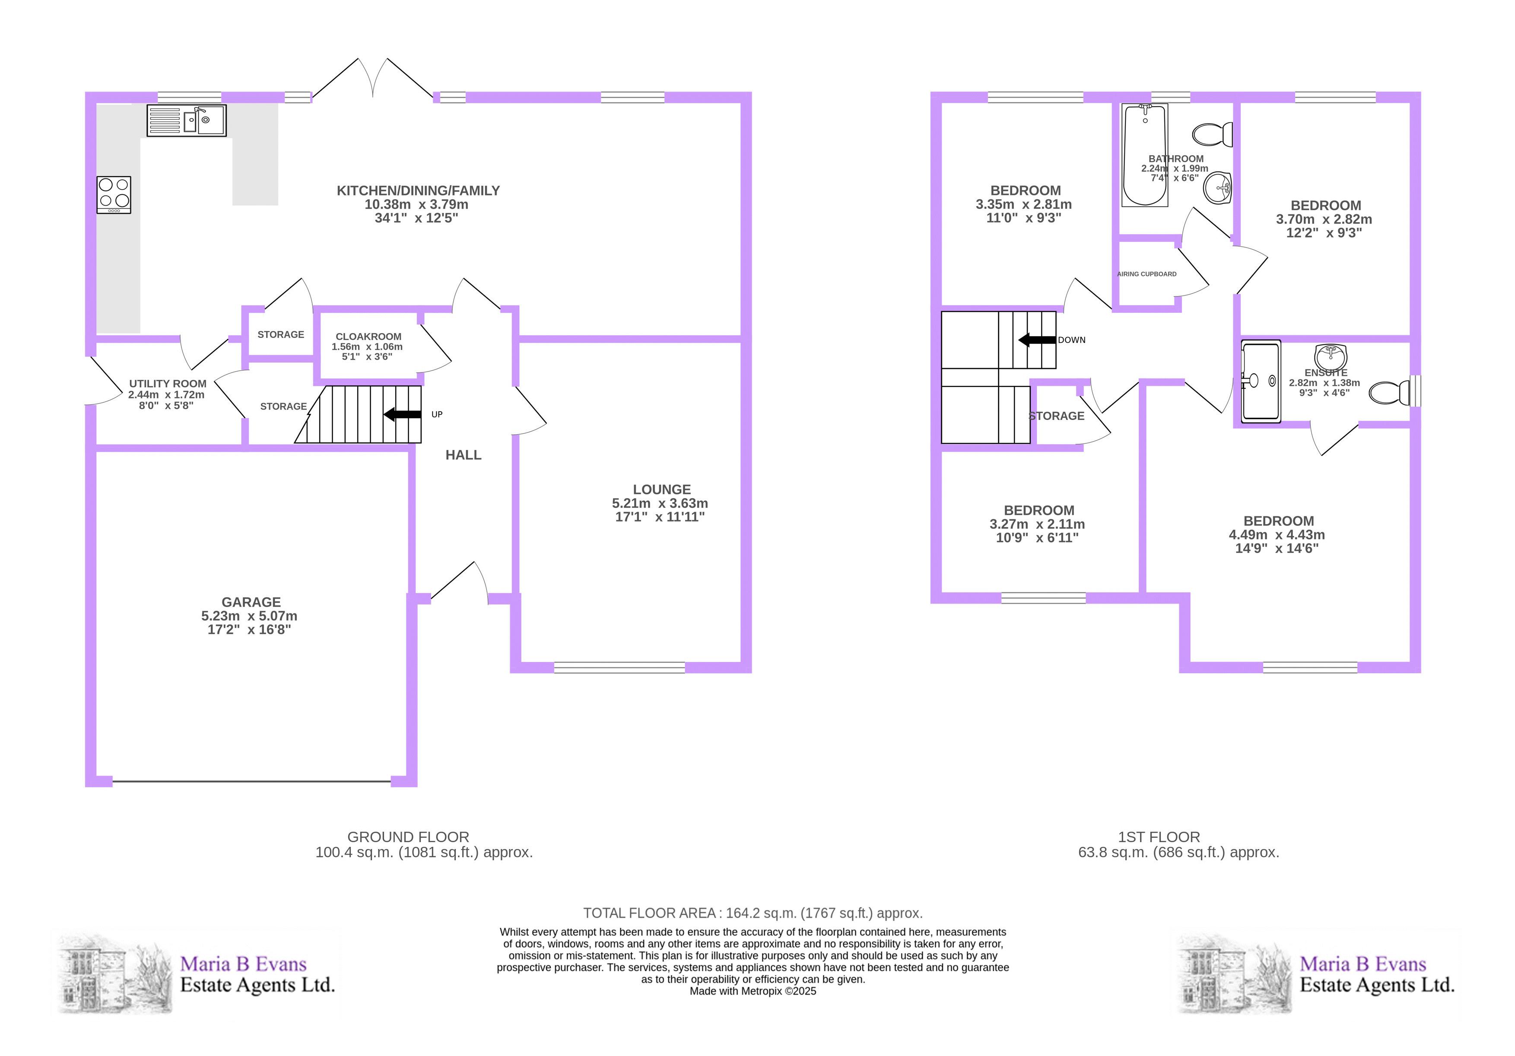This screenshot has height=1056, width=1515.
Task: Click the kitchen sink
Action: pyautogui.click(x=187, y=121)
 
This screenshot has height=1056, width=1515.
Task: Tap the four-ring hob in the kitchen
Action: pyautogui.click(x=114, y=195)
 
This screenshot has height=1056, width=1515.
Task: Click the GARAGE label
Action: pyautogui.click(x=251, y=602)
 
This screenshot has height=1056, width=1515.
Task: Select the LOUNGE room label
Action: pyautogui.click(x=662, y=490)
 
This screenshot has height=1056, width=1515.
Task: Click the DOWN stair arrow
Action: pyautogui.click(x=1037, y=340)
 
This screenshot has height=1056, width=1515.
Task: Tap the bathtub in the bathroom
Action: pyautogui.click(x=1145, y=155)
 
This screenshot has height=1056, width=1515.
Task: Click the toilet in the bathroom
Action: pyautogui.click(x=1213, y=135)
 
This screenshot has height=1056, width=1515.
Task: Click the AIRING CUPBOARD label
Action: pyautogui.click(x=1147, y=274)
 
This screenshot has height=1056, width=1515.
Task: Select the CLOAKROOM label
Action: pyautogui.click(x=368, y=337)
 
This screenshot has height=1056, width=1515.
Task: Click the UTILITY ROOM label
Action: pyautogui.click(x=168, y=383)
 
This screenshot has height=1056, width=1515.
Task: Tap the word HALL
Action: pyautogui.click(x=463, y=455)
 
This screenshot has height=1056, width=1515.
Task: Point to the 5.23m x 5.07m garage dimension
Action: pyautogui.click(x=249, y=616)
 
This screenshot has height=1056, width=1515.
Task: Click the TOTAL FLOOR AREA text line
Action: pyautogui.click(x=753, y=913)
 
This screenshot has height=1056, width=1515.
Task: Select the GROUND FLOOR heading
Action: pyautogui.click(x=408, y=837)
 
